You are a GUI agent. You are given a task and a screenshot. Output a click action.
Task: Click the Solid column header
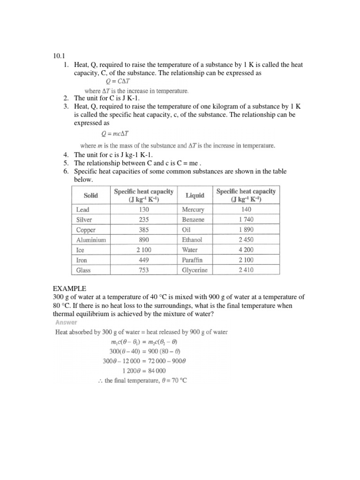[91, 195]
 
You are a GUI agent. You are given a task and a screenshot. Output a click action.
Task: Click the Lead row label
[82, 210]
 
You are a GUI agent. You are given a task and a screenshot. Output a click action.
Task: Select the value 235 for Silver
[143, 220]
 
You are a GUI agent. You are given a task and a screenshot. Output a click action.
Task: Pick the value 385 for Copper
[143, 230]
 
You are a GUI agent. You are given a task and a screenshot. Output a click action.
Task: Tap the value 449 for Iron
[143, 260]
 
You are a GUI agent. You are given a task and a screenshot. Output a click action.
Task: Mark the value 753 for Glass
[143, 270]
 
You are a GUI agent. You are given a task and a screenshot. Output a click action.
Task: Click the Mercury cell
[193, 210]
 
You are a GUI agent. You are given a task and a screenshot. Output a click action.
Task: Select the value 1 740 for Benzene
[245, 220]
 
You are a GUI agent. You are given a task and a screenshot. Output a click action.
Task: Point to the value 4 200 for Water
[245, 250]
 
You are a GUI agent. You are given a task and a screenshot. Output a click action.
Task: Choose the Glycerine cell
[195, 270]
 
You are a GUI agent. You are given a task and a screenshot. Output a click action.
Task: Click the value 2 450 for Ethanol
[245, 240]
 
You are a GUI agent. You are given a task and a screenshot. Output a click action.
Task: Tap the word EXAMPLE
[70, 289]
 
